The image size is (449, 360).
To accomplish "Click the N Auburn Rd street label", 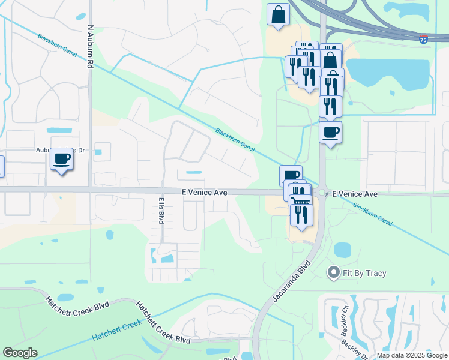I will coord(91,46).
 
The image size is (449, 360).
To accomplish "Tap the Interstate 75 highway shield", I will coord(424,40).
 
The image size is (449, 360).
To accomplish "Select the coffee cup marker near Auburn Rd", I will coord(62,159).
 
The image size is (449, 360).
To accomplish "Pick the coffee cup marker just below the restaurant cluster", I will coord(330,131).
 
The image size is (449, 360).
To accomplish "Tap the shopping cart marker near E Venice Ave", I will coord(299,200).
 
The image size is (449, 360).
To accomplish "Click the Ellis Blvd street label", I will coord(161,211).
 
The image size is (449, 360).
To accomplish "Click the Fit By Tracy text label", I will coord(364,273).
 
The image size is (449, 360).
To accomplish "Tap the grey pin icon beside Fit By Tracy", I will coord(334,273).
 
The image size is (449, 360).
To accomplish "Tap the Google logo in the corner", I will coord(20,353).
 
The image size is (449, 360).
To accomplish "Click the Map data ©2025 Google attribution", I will coord(412,355).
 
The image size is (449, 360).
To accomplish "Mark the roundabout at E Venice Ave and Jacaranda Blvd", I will coord(322,193).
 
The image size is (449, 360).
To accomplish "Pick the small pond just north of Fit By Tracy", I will coord(342,248).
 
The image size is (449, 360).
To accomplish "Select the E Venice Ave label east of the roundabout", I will coord(355,194).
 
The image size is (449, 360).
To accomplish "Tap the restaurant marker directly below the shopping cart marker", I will coord(301,214).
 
